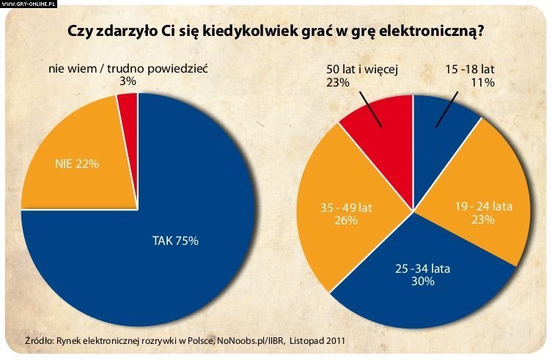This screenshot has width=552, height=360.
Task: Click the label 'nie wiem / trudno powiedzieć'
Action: pos(129,69)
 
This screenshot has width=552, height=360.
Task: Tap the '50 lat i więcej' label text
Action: pos(361,70)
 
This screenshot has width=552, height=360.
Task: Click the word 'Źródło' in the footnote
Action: pos(38,340)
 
